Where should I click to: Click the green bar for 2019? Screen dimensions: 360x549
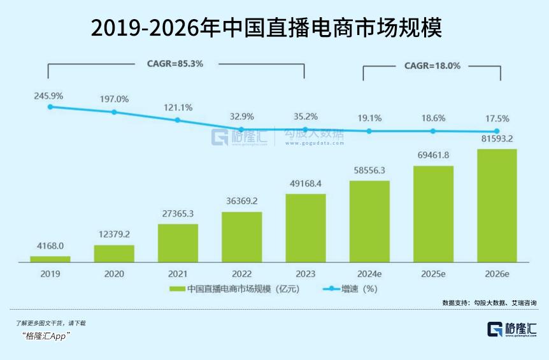[50, 259]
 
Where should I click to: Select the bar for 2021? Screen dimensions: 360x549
[178, 243]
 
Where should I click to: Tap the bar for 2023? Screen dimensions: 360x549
[305, 227]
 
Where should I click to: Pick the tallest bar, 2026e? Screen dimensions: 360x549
[497, 205]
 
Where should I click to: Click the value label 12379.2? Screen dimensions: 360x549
[114, 234]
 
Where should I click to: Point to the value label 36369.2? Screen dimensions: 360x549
[241, 200]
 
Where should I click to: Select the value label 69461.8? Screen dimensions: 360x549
[433, 154]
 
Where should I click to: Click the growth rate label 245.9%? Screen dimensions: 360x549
[49, 96]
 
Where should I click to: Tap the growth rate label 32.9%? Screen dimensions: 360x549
[241, 116]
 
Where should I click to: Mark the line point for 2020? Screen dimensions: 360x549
[114, 112]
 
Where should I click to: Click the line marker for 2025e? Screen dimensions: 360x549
[433, 131]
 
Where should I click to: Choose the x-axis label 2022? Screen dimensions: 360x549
[241, 274]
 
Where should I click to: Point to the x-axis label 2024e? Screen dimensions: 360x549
[369, 274]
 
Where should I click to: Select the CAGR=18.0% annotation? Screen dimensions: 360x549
[432, 66]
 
